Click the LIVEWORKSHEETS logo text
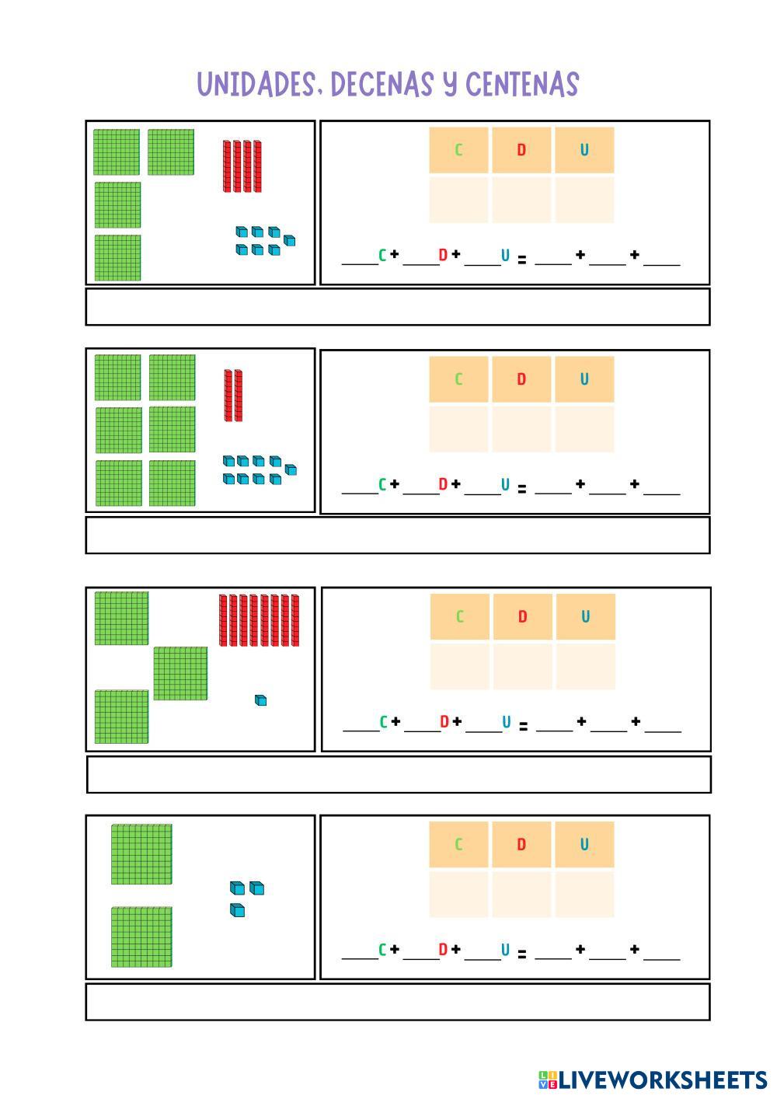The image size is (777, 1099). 662,1080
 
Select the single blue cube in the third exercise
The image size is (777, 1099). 261,700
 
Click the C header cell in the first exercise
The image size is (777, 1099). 458,150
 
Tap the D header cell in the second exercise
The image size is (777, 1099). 521,379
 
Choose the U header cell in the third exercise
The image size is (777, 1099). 585,617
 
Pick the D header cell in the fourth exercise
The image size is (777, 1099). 521,845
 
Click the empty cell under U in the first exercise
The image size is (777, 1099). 584,200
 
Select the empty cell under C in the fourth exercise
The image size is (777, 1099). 458,894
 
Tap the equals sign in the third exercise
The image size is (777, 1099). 523,727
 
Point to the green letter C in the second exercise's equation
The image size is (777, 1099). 382,485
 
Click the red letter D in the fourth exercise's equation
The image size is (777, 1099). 443,949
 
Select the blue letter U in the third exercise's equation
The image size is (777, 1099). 507,722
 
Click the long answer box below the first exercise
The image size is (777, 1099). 398,307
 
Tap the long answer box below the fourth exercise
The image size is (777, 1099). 398,1002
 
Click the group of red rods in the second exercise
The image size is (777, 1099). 234,396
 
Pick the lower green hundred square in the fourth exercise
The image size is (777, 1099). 141,937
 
